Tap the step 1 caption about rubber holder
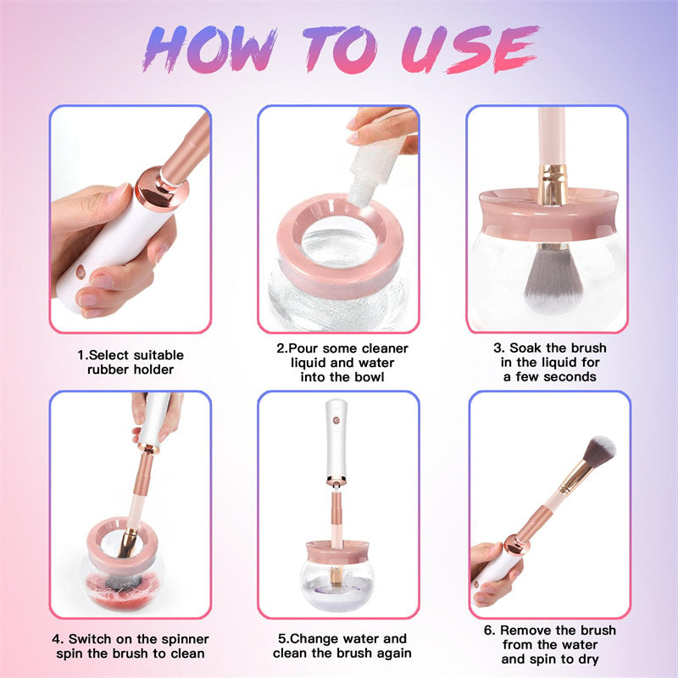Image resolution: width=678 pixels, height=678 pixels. click(x=131, y=361)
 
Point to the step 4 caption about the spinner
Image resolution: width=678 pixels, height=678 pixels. click(x=131, y=646)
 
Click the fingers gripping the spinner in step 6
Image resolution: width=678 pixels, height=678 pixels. click(x=486, y=564)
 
